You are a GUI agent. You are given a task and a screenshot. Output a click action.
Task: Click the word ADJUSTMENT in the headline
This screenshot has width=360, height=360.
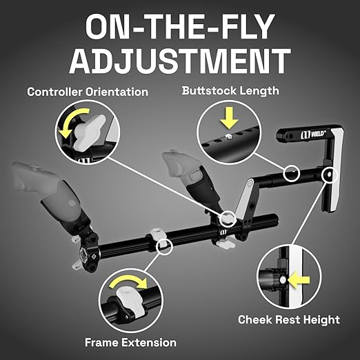(x=180, y=61)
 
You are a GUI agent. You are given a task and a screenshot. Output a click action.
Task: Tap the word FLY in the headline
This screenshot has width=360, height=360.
(x=246, y=26)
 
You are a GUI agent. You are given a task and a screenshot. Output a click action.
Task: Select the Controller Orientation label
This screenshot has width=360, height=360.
(x=88, y=92)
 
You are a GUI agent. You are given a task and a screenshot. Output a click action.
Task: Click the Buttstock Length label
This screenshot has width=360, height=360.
(x=230, y=91)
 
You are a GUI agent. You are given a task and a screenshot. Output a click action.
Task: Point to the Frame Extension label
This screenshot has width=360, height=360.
(x=130, y=342)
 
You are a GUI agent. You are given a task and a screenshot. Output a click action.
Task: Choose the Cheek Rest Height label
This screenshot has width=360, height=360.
(x=289, y=320)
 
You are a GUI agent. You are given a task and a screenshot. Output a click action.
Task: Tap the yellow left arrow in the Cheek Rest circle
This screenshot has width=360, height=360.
(x=299, y=280)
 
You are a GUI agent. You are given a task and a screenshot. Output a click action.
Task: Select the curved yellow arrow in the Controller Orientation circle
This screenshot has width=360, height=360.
(x=70, y=120)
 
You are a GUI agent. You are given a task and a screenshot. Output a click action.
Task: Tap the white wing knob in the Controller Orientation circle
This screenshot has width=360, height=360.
(x=88, y=132)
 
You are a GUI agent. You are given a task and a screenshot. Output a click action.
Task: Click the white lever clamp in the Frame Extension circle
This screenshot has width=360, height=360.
(x=130, y=301)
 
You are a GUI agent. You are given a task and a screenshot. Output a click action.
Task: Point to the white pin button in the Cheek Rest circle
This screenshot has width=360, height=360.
(x=283, y=280)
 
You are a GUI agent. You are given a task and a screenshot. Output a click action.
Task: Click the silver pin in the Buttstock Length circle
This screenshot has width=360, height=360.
(x=228, y=137)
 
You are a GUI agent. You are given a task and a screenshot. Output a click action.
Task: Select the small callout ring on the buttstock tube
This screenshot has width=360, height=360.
(x=292, y=173)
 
